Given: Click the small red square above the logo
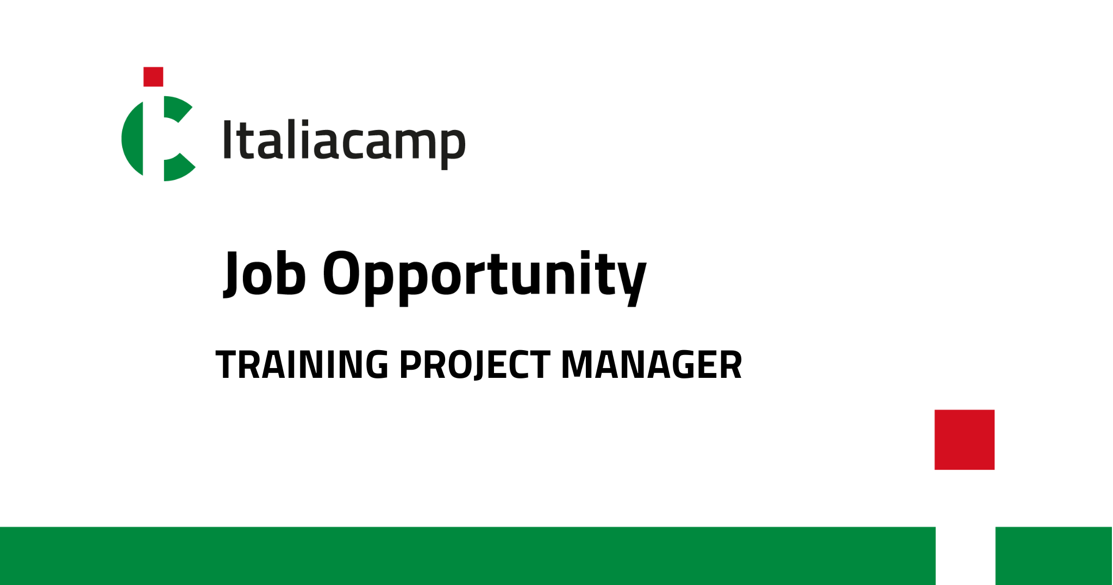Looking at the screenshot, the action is [153, 77].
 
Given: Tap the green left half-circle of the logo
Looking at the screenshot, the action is [132, 139].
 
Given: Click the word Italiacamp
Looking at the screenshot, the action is [345, 141].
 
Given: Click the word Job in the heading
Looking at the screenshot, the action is [265, 273].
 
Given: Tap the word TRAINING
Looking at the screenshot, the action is [302, 364].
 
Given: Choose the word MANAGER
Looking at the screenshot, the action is [652, 364].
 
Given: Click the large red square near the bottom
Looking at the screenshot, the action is [965, 439].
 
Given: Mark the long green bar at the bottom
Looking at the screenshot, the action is [468, 556].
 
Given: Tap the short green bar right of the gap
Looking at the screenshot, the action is [1054, 556].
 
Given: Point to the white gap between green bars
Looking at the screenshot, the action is [966, 556].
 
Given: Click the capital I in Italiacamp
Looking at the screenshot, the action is [228, 140].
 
